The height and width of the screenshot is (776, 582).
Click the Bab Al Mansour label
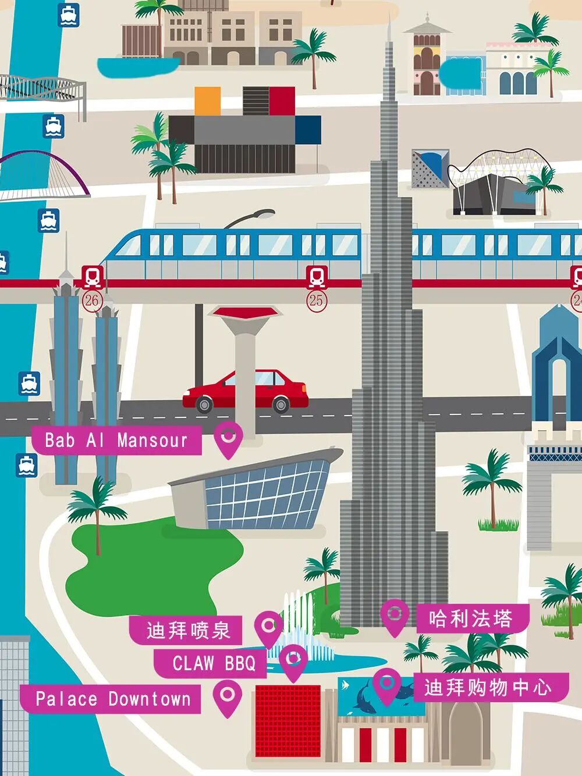pos(116,440)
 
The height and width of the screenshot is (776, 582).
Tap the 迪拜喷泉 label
pos(187,630)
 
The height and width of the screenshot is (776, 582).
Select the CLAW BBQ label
pos(213,663)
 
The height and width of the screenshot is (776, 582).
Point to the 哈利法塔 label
pos(471,618)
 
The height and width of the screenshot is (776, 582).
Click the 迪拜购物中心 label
pos(487,688)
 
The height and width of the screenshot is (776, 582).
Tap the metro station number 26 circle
pos(92,301)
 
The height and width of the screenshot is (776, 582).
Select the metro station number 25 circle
pos(316,301)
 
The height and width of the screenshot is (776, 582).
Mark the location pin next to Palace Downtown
pos(227,696)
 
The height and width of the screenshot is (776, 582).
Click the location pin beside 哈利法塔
pos(395,616)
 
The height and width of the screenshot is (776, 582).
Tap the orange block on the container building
pos(207,101)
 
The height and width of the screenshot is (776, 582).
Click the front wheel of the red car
pos(204,404)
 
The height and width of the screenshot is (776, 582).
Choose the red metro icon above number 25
pos(316,277)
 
